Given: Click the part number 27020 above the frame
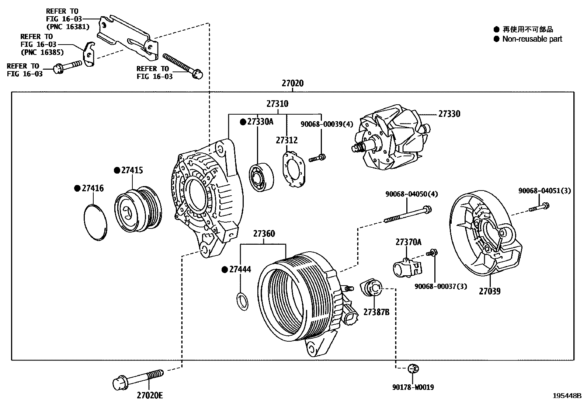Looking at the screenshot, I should coord(292,83).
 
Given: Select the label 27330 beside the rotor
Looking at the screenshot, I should coord(449,114).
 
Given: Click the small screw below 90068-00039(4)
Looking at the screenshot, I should coord(317,158).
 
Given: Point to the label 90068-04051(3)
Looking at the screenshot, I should coord(544,191).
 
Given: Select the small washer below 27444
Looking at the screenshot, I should coord(242,301).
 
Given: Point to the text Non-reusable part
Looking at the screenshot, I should coord(532,39).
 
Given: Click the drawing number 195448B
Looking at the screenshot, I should coord(567,396).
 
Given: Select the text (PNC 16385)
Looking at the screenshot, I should coord(42,52).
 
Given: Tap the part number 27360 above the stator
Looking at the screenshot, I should coord(264,234).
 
